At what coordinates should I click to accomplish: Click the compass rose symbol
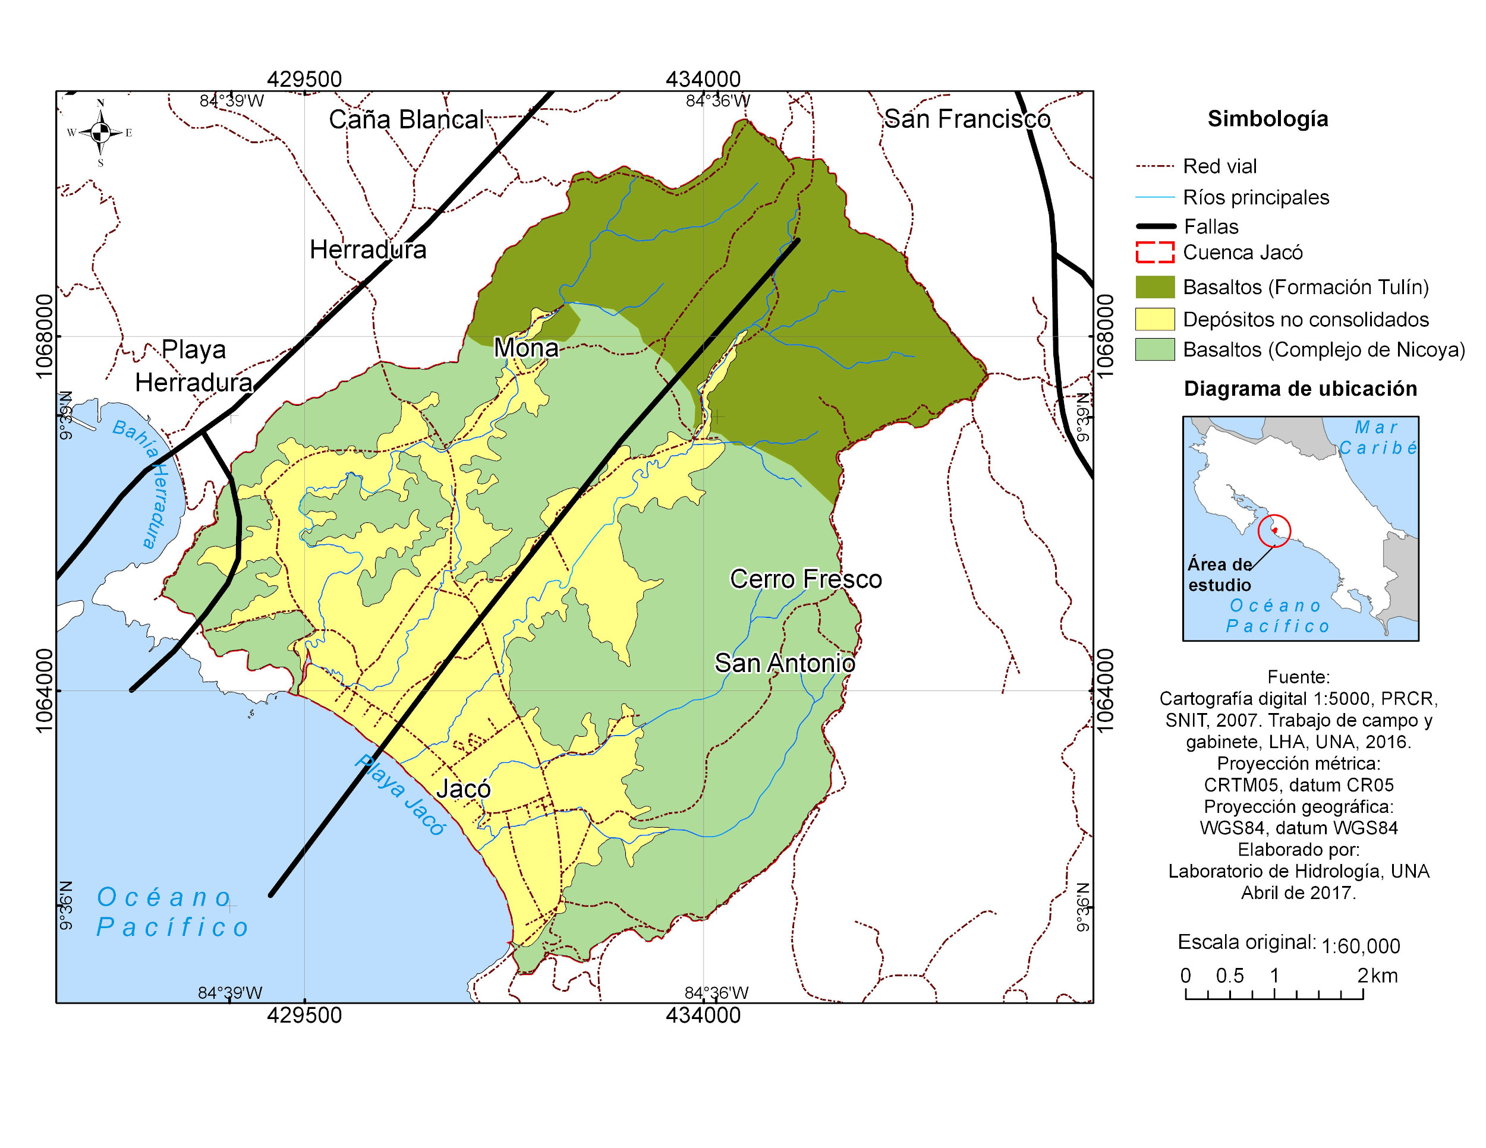coord(100,133)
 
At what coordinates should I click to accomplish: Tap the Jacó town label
coord(464,789)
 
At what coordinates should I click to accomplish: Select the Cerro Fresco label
coord(805,579)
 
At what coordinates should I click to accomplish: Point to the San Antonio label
coord(785,663)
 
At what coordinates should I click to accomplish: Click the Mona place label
coord(526,348)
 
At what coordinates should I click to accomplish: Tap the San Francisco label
coord(967,119)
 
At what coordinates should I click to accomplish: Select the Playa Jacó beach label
coord(400,794)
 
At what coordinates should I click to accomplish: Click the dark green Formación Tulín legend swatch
coord(1155,287)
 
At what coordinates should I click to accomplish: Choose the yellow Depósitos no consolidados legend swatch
coord(1155,319)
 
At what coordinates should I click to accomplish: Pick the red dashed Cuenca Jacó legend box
coord(1155,253)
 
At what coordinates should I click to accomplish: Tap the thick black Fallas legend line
coord(1155,226)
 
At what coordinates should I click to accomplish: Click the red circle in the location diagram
coord(1274,531)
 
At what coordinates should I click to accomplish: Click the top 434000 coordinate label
coord(703,80)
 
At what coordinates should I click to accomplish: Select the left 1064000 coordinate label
coord(44,690)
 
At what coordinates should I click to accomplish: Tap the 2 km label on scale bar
coord(1377,975)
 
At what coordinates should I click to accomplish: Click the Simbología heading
coord(1268,119)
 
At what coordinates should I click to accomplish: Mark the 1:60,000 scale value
coord(1360,946)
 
